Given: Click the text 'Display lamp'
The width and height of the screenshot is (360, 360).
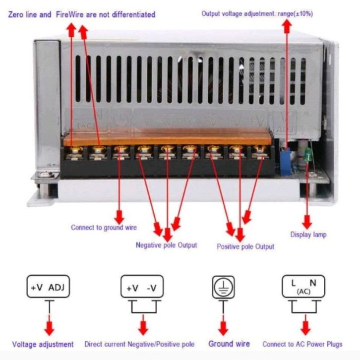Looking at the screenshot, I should pyautogui.click(x=308, y=235).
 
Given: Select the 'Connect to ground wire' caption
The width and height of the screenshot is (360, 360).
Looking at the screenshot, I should pyautogui.click(x=104, y=228).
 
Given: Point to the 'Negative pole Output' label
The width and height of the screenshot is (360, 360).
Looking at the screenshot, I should pyautogui.click(x=166, y=245).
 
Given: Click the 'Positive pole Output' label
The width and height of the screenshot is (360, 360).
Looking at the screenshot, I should pyautogui.click(x=245, y=246).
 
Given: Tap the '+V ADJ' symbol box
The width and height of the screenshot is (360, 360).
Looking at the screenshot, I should pyautogui.click(x=48, y=287).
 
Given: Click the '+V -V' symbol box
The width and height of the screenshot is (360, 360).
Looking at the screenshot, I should pyautogui.click(x=142, y=287).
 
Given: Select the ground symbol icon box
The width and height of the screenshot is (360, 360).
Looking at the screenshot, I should pyautogui.click(x=224, y=287).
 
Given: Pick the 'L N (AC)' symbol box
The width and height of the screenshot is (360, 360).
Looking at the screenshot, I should pyautogui.click(x=303, y=287).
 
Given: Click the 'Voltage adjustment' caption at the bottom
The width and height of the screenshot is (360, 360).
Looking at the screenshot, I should pyautogui.click(x=43, y=344).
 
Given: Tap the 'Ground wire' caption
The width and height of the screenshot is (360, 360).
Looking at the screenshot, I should pyautogui.click(x=229, y=344).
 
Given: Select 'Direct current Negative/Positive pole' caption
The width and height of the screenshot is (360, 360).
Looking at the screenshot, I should pyautogui.click(x=139, y=344).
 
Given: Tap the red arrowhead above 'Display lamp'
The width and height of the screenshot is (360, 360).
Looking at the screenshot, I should pyautogui.click(x=307, y=222).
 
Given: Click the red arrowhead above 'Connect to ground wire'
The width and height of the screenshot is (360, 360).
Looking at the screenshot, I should pyautogui.click(x=119, y=216).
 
